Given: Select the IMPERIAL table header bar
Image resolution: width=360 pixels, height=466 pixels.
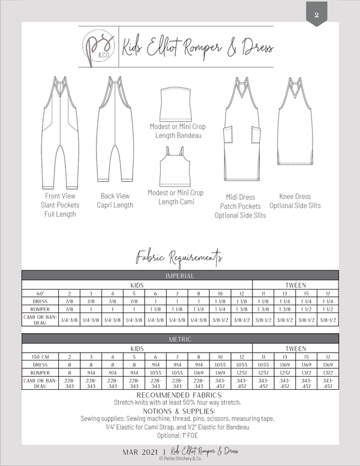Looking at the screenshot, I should click(179, 276).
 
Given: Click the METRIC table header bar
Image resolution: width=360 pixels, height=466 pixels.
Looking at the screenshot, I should click(179, 339).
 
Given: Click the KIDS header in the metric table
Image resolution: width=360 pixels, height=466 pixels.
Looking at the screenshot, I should click(137, 348).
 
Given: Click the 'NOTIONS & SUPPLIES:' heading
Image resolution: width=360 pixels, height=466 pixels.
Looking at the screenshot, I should click(179, 411).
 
